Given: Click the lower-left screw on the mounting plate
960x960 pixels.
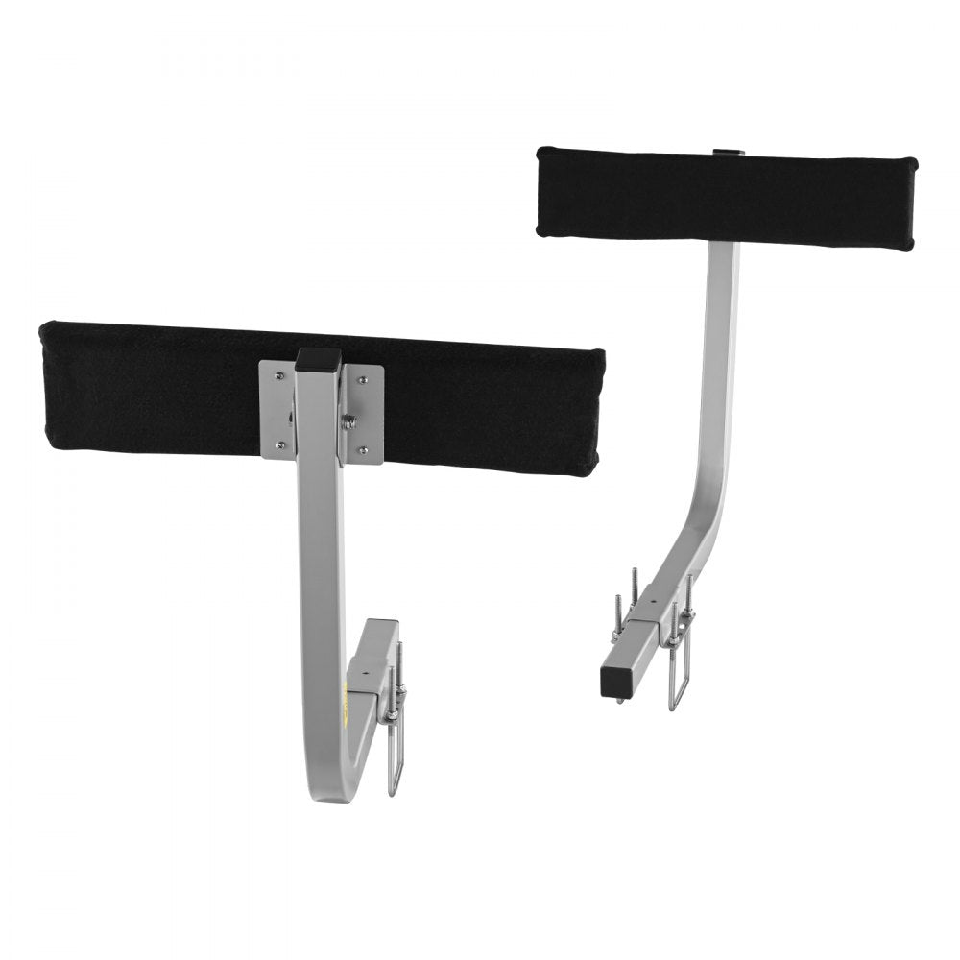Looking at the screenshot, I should [278, 444].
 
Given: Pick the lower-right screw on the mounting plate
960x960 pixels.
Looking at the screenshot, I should [363, 448].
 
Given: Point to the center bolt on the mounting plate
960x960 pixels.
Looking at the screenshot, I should [351, 419].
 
